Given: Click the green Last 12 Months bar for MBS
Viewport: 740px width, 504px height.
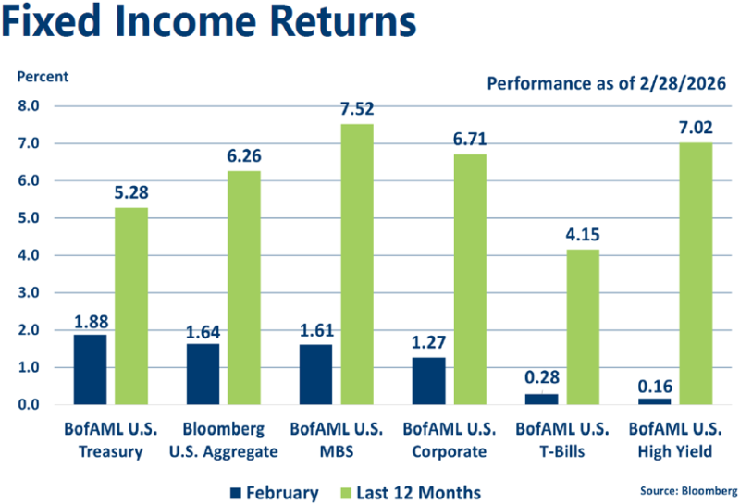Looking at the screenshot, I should pyautogui.click(x=357, y=264).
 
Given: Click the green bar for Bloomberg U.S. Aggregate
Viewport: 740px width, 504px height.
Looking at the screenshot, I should pyautogui.click(x=244, y=288).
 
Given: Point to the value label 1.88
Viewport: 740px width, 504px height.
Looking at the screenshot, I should pyautogui.click(x=90, y=323).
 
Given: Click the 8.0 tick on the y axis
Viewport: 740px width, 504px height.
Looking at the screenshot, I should pyautogui.click(x=30, y=106).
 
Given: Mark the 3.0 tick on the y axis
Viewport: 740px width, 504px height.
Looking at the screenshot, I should pyautogui.click(x=30, y=293).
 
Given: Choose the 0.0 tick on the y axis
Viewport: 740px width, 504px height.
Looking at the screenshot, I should pyautogui.click(x=30, y=405).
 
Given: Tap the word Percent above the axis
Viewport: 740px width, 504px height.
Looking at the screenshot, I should pyautogui.click(x=41, y=75).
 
